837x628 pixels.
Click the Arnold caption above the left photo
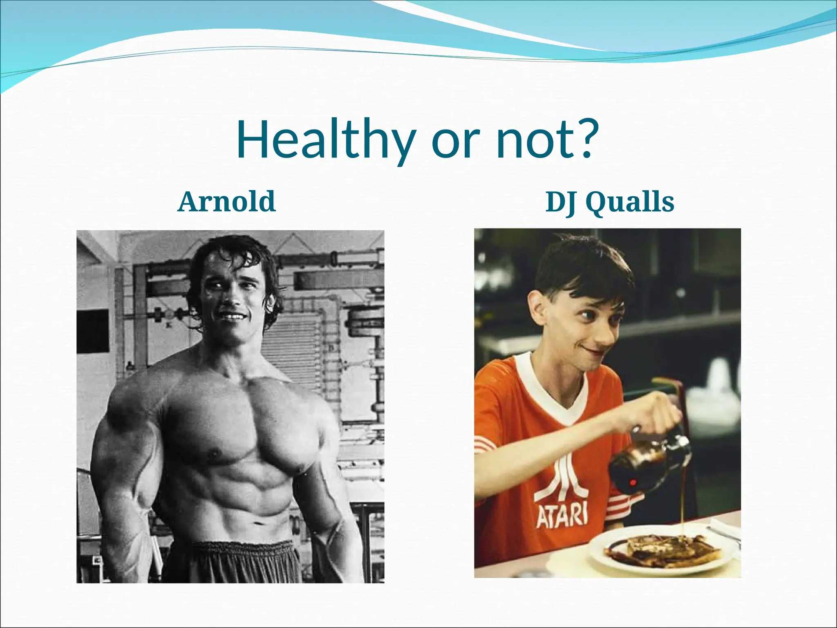(x=227, y=202)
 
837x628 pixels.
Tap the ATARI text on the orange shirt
(x=562, y=516)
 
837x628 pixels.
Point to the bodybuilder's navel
(x=257, y=524)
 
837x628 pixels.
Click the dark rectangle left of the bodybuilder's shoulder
(x=92, y=331)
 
